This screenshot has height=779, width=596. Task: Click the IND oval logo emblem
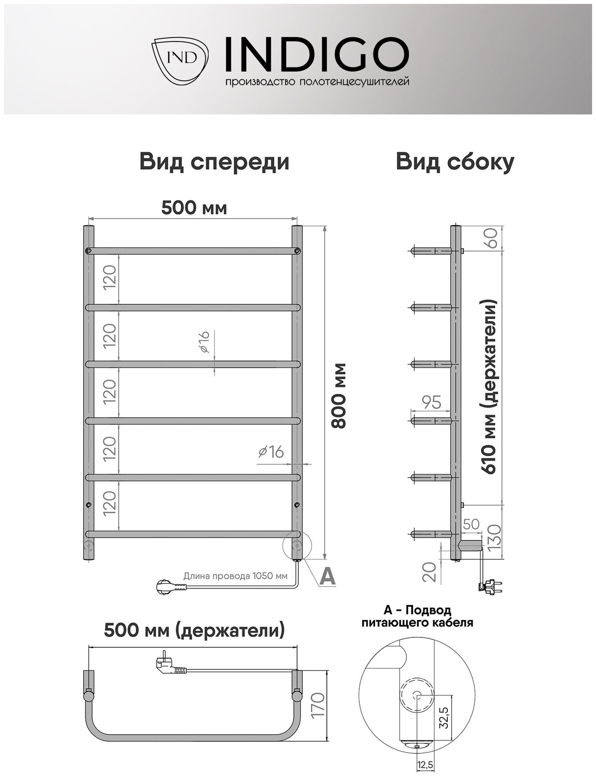point(180,58)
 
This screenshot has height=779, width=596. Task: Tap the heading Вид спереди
point(214,162)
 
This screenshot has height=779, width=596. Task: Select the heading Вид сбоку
point(455,162)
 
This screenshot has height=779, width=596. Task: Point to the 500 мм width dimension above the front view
point(194,208)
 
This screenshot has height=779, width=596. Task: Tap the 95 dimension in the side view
point(431,402)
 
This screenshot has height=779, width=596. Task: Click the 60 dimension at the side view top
point(492,238)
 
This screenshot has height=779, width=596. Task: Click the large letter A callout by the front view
point(328,576)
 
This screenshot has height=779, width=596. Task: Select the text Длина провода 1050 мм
point(235,576)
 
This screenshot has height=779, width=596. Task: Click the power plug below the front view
point(169,587)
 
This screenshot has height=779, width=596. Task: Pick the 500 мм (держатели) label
point(194,630)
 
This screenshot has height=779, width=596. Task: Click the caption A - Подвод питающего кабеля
point(417,616)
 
